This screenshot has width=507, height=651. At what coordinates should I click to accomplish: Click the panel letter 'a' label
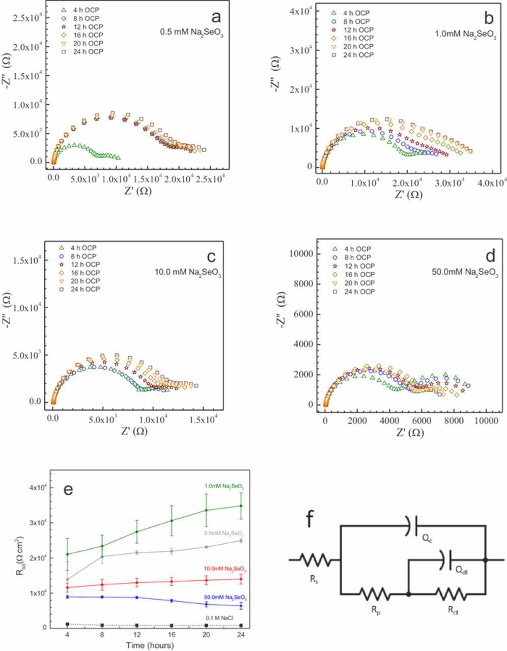(x=216, y=17)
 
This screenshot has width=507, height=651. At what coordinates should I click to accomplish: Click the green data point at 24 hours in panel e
(x=241, y=506)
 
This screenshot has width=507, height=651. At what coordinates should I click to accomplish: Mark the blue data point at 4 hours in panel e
(x=68, y=597)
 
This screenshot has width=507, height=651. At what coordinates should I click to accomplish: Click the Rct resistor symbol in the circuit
(x=448, y=593)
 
